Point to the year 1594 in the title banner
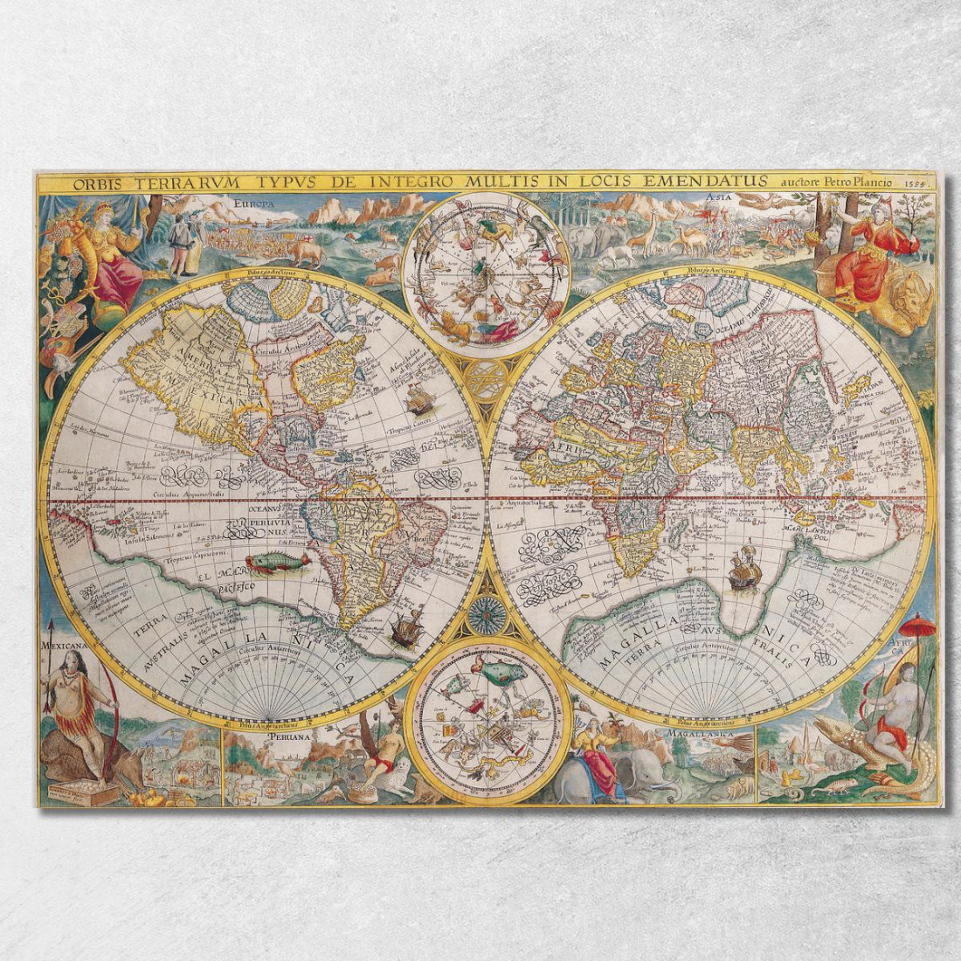pyautogui.click(x=914, y=183)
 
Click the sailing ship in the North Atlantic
pyautogui.click(x=420, y=399)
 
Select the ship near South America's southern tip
pyautogui.click(x=407, y=629)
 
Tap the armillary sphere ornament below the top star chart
pyautogui.click(x=487, y=377)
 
